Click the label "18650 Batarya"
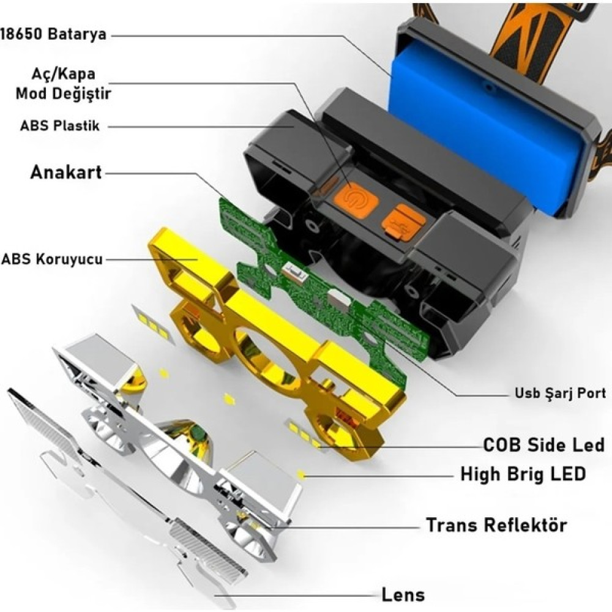[53, 34]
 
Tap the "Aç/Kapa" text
[63, 74]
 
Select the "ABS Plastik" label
[60, 125]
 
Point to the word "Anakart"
[66, 173]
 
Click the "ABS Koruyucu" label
[52, 259]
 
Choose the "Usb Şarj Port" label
[561, 393]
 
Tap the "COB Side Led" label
[543, 445]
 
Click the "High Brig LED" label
[523, 474]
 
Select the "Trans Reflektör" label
[496, 525]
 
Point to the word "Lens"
[403, 595]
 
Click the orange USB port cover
[403, 223]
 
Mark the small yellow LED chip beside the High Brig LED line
[300, 475]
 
